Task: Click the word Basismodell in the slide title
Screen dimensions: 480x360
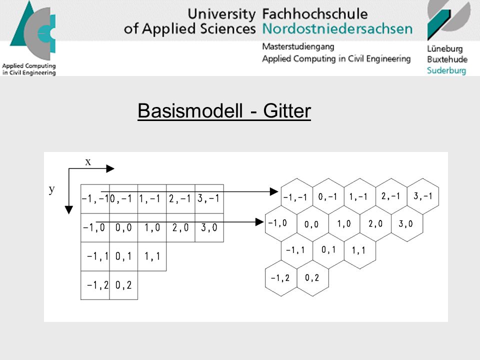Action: pyautogui.click(x=190, y=110)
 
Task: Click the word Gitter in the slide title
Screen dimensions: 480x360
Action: pyautogui.click(x=287, y=110)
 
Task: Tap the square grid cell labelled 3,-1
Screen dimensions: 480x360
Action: pyautogui.click(x=209, y=198)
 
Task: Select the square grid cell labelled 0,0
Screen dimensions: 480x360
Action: pyautogui.click(x=123, y=228)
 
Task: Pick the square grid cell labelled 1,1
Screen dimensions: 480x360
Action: pyautogui.click(x=152, y=256)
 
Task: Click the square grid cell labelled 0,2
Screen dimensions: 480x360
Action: pyautogui.click(x=123, y=285)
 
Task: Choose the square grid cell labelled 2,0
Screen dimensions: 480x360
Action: pyautogui.click(x=180, y=228)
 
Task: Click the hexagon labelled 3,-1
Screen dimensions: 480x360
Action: pyautogui.click(x=423, y=196)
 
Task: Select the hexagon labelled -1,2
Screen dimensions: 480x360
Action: pyautogui.click(x=280, y=278)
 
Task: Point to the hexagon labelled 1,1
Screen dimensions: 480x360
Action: pyautogui.click(x=359, y=250)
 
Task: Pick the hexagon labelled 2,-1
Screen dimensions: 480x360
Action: pyautogui.click(x=391, y=196)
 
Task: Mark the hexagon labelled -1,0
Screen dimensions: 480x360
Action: pyautogui.click(x=280, y=223)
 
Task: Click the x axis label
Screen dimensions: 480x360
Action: pyautogui.click(x=88, y=162)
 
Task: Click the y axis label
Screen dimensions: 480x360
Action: pyautogui.click(x=51, y=189)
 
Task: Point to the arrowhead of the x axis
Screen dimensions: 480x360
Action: pyautogui.click(x=110, y=168)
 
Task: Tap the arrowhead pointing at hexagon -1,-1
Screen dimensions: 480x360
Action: pyautogui.click(x=274, y=191)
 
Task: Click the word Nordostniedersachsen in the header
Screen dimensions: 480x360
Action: pyautogui.click(x=337, y=29)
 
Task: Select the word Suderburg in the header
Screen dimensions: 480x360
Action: pyautogui.click(x=446, y=70)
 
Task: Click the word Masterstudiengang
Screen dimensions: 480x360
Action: pyautogui.click(x=298, y=47)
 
